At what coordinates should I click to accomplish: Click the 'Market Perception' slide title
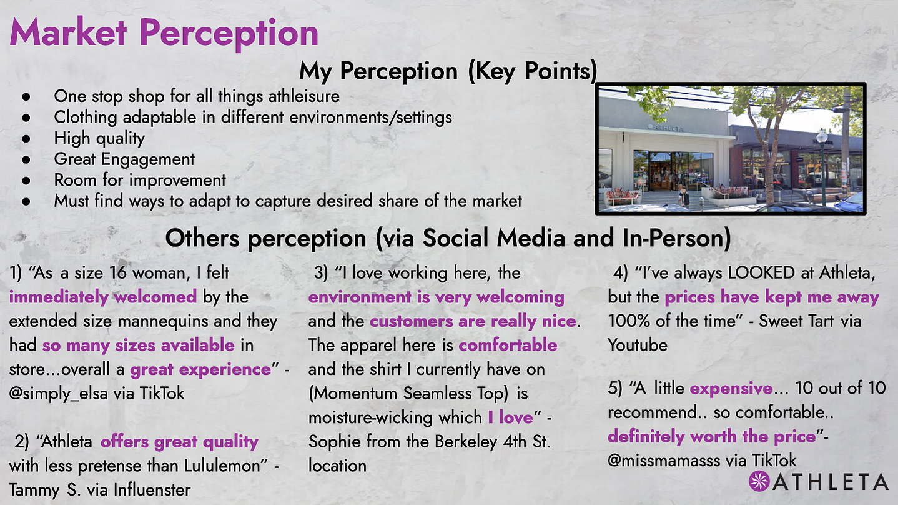coord(164,33)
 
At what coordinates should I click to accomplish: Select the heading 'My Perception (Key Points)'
coord(448,71)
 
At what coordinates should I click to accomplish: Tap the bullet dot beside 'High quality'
coord(26,138)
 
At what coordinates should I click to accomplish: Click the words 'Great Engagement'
coord(124,159)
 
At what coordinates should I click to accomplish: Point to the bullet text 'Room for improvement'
coord(140,180)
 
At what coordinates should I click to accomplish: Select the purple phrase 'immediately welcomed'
coord(103,297)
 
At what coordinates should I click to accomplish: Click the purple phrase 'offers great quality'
coord(179,442)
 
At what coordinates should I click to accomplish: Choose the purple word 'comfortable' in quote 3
coord(508,346)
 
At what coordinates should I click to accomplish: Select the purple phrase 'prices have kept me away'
coord(772,297)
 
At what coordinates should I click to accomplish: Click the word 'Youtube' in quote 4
coord(638,346)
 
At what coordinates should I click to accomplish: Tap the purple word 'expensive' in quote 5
coord(731,389)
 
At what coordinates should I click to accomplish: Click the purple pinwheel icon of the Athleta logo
coord(759,481)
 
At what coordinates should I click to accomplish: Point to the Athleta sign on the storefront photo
coord(666,128)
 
